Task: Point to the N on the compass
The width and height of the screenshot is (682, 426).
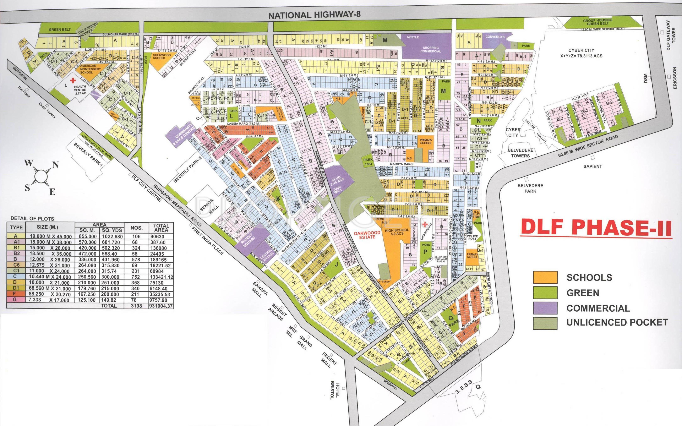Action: [55, 165]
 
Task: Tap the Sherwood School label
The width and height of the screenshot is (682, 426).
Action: [159, 56]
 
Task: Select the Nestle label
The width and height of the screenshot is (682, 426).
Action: [413, 37]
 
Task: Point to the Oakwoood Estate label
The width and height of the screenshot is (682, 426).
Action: [365, 235]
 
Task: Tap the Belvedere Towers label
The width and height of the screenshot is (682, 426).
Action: [519, 153]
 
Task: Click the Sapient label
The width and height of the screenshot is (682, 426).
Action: [593, 166]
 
